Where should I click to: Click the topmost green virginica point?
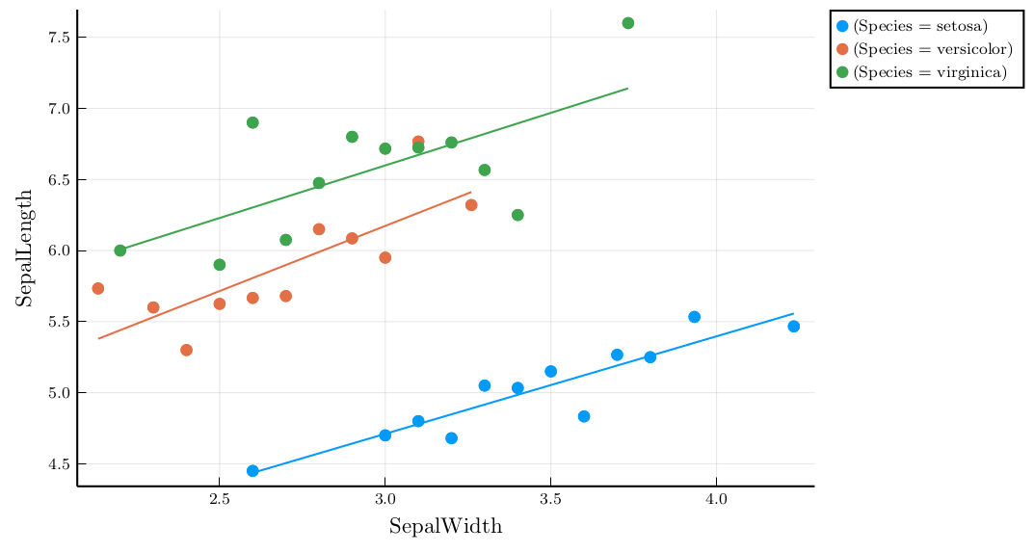click(x=628, y=23)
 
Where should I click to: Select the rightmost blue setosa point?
click(x=793, y=327)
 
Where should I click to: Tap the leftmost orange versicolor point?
click(x=97, y=289)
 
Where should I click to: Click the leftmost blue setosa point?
click(x=252, y=471)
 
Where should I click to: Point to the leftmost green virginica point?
click(x=120, y=250)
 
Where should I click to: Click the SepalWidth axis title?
click(x=445, y=527)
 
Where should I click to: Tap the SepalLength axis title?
click(x=24, y=248)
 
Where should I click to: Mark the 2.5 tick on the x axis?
click(x=220, y=500)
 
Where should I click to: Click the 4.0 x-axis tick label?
click(x=716, y=500)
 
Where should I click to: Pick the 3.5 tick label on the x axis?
click(x=550, y=500)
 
